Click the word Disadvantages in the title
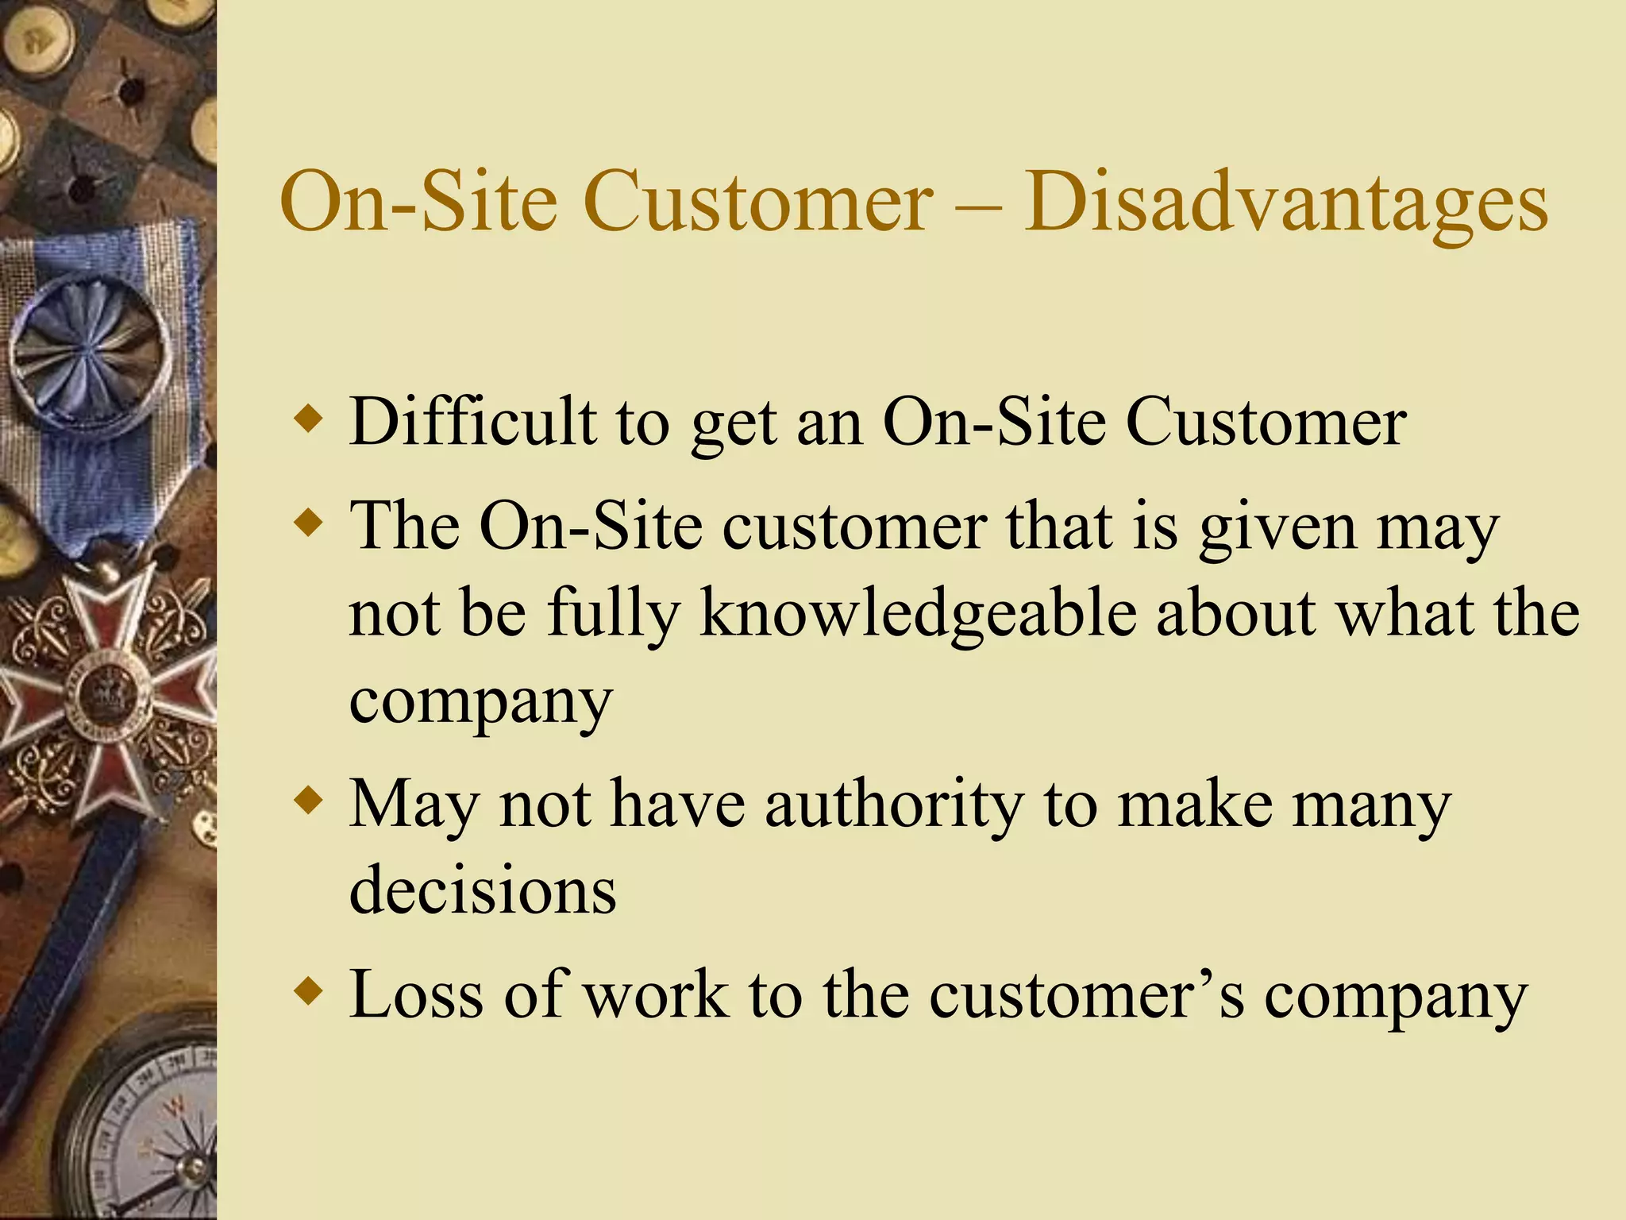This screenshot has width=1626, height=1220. [x=1286, y=203]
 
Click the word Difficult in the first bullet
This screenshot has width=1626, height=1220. [x=473, y=422]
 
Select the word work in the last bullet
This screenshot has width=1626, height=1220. [x=656, y=994]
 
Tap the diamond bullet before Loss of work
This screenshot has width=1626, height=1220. [x=308, y=990]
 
